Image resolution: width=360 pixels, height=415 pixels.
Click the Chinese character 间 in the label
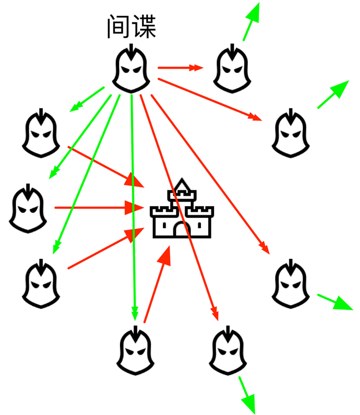pyautogui.click(x=118, y=27)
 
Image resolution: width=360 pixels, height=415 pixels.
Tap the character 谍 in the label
pyautogui.click(x=144, y=27)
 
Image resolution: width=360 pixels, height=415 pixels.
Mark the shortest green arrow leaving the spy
pyautogui.click(x=87, y=99)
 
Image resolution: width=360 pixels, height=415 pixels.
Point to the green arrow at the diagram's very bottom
pyautogui.click(x=247, y=394)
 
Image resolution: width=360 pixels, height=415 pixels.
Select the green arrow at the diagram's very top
pyautogui.click(x=251, y=21)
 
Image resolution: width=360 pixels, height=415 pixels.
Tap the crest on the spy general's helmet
pyautogui.click(x=131, y=51)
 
